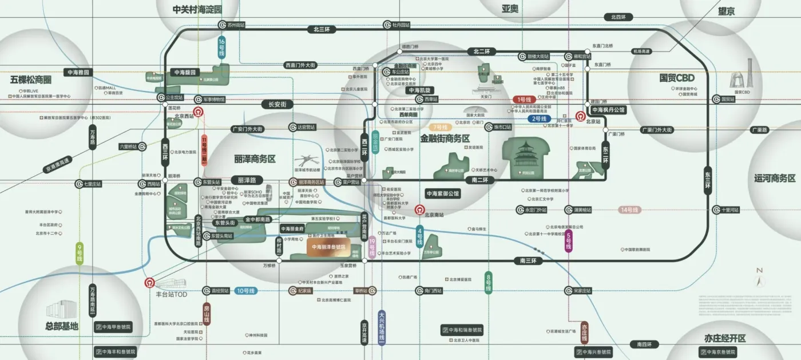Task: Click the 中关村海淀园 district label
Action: point(197,9)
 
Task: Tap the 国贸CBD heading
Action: point(676,78)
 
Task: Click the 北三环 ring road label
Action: point(322,29)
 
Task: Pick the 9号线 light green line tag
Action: point(80,254)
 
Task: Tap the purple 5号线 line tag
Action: point(568,242)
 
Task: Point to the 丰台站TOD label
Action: point(172,294)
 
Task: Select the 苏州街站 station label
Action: point(235,25)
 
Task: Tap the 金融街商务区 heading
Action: point(445,139)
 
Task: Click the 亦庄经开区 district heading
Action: point(725,338)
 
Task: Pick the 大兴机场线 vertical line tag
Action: point(382,327)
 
